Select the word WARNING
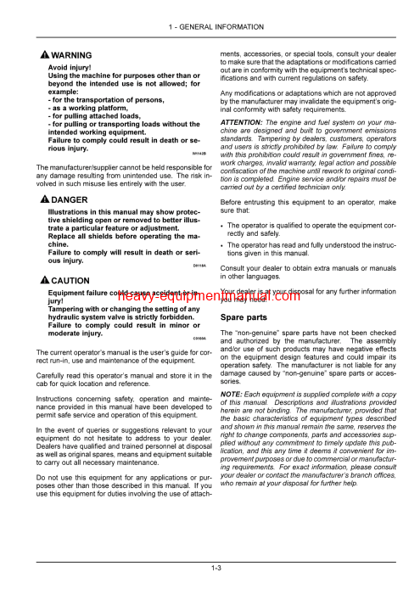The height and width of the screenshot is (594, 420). click(71, 54)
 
